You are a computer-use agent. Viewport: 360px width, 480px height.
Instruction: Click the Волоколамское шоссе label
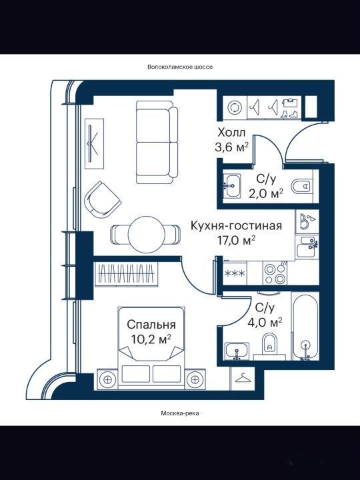[x=180, y=67]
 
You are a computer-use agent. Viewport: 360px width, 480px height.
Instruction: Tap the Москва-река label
[x=180, y=413]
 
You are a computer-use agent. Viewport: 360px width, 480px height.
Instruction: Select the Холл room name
[x=231, y=133]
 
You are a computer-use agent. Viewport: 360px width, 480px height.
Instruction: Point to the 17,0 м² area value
[x=236, y=241]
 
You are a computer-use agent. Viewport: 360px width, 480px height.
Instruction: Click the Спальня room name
[x=151, y=325]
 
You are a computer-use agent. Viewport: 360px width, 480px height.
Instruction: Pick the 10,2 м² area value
[x=151, y=339]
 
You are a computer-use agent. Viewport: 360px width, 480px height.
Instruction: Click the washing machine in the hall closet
[x=235, y=107]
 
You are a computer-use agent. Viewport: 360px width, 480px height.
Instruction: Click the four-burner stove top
[x=275, y=274]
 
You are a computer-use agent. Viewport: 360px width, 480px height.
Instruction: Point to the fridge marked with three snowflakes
[x=235, y=273]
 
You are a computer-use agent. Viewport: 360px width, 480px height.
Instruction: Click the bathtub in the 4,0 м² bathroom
[x=305, y=326]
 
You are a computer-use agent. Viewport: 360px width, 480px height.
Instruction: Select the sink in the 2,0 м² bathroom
[x=232, y=186]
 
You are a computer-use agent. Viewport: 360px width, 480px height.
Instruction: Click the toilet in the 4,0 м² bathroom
[x=270, y=345]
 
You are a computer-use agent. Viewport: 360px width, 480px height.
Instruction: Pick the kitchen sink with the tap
[x=307, y=247]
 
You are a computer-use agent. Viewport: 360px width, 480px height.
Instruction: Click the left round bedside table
[x=107, y=379]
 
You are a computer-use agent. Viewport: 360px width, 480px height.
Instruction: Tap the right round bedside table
[x=195, y=379]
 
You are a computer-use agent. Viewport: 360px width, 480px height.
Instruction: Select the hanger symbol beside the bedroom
[x=243, y=378]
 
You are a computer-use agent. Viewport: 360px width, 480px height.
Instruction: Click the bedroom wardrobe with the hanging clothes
[x=127, y=274]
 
